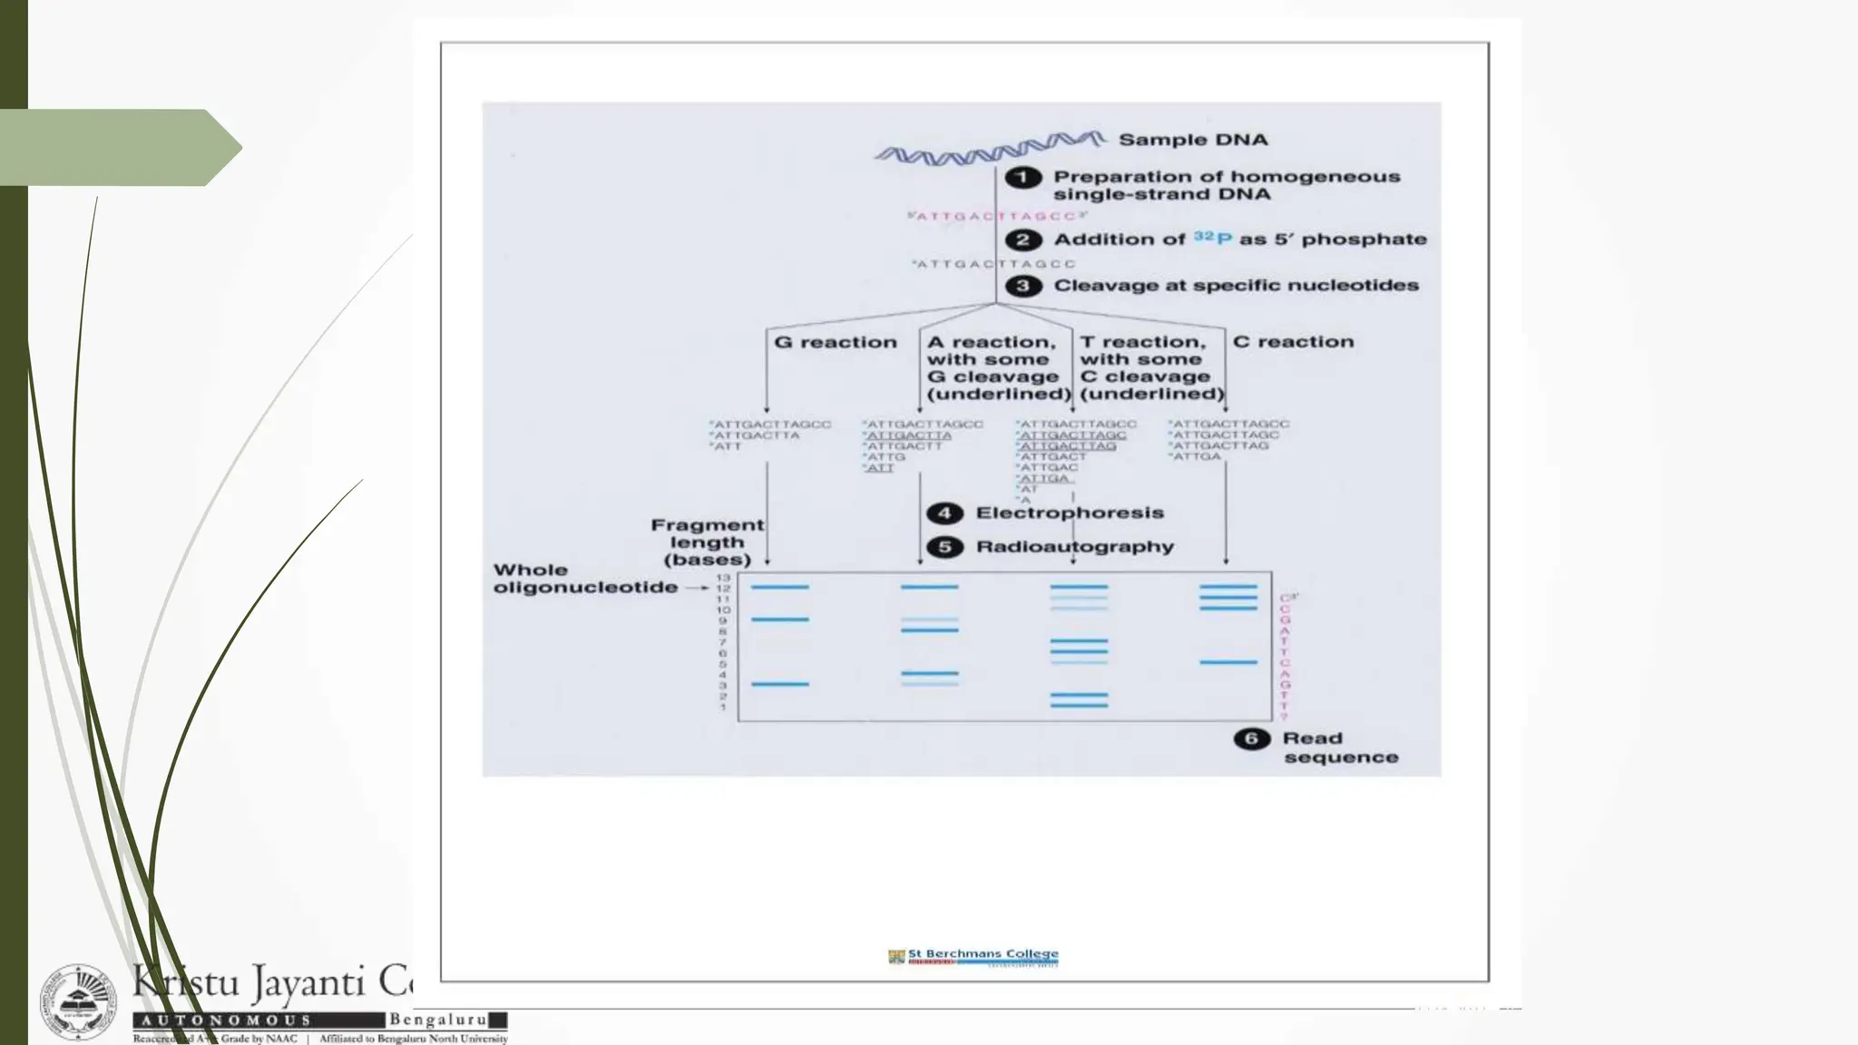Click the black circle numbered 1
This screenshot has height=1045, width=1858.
1022,177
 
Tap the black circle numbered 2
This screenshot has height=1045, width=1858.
1023,239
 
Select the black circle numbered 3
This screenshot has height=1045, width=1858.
1023,286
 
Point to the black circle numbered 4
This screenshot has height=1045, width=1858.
944,513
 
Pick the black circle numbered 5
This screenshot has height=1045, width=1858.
944,547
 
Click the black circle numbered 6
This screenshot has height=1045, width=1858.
1251,738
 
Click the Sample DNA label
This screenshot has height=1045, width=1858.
1192,140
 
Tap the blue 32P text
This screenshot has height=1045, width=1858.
1212,238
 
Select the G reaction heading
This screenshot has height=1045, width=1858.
835,342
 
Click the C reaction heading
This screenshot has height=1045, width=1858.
1293,342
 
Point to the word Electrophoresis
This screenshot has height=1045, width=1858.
1069,513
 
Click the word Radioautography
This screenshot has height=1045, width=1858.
1074,547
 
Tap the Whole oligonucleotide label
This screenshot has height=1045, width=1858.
584,579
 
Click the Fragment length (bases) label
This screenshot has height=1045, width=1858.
707,542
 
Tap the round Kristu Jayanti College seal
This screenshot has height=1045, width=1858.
78,1003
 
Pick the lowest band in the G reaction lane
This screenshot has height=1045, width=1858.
779,684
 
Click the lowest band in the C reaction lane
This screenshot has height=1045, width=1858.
1227,662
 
